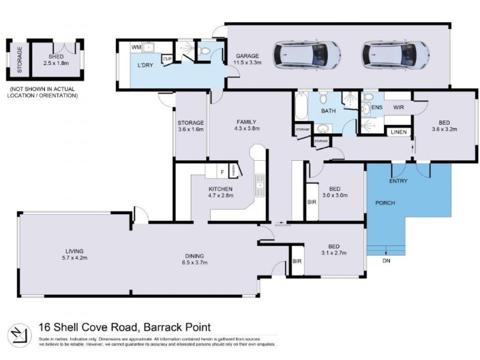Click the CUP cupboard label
coord(167,58)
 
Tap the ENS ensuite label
coord(377,107)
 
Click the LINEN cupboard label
coord(397,131)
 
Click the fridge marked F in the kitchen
coord(222,172)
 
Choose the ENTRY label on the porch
coord(398,181)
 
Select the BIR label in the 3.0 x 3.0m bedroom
coord(311,202)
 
